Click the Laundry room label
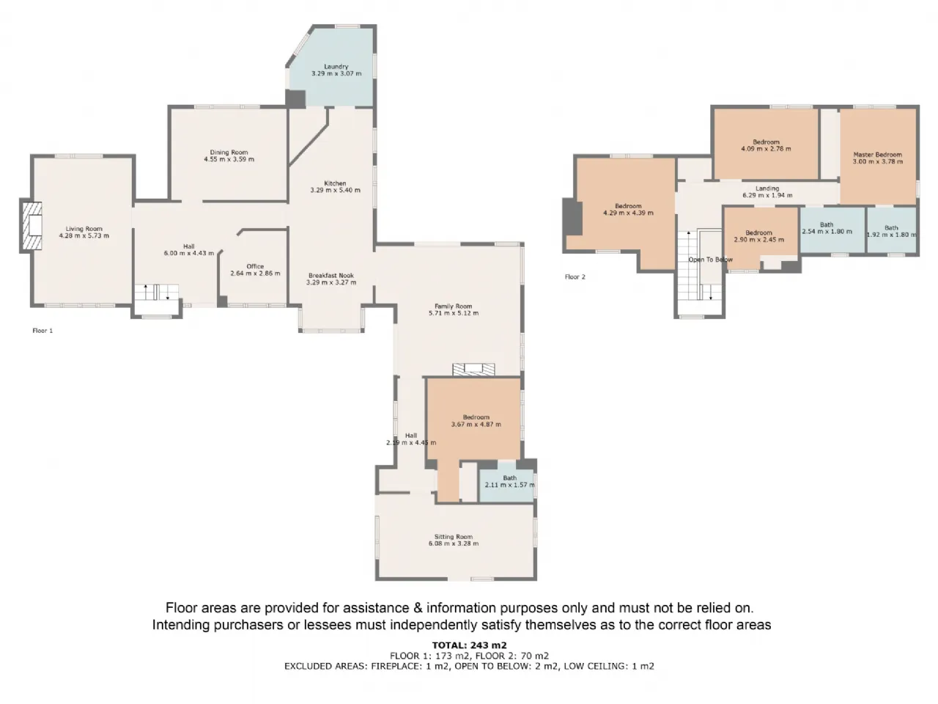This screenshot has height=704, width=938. click(336, 66)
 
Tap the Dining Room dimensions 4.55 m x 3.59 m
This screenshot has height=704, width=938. click(229, 159)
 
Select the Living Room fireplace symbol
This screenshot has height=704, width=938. click(32, 225)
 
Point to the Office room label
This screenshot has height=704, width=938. click(255, 266)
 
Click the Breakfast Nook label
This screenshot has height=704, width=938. click(331, 276)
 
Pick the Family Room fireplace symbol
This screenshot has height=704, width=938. click(473, 370)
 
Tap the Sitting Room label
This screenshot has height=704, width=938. click(454, 537)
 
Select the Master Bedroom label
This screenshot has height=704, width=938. click(878, 155)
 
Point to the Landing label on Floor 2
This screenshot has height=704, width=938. click(767, 188)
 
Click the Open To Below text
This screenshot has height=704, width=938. click(710, 260)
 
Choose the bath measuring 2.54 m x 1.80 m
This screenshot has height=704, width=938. click(832, 230)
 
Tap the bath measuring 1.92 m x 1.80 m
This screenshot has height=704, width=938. click(891, 230)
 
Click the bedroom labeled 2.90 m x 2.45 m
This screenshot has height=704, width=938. click(759, 237)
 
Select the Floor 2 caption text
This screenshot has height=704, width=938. click(575, 277)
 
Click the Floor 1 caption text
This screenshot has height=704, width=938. click(43, 331)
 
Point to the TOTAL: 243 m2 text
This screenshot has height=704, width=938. click(469, 645)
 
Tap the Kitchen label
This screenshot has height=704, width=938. click(335, 183)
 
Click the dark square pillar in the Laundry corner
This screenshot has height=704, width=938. click(295, 99)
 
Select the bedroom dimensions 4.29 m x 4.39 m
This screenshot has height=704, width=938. click(628, 213)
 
